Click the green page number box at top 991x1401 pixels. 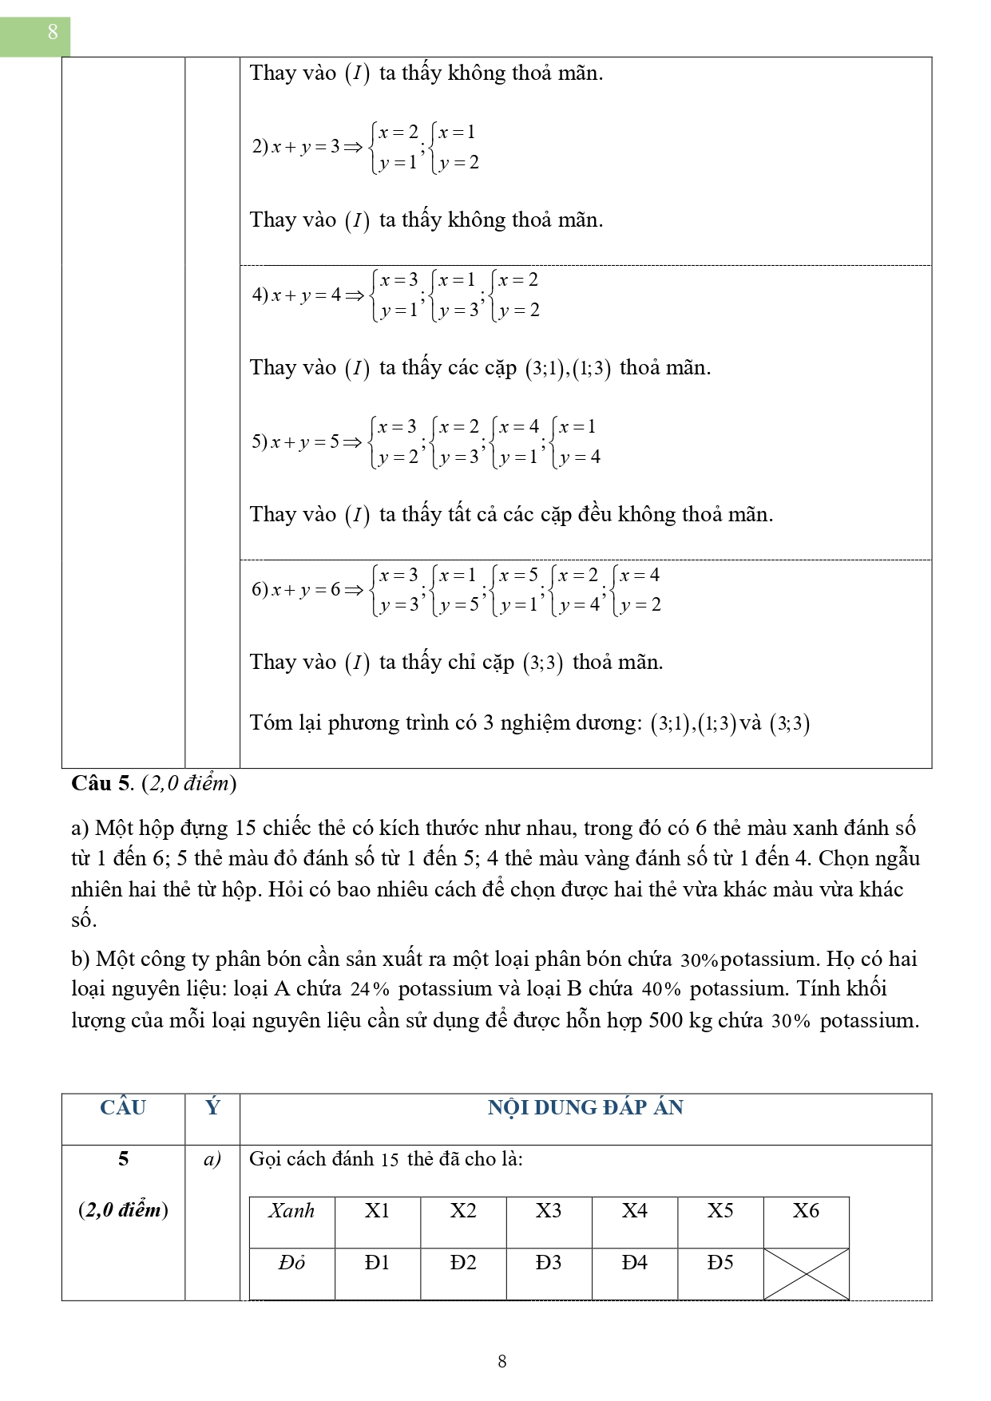click(x=35, y=36)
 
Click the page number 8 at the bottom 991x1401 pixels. click(x=501, y=1361)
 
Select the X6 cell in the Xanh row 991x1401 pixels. click(x=806, y=1211)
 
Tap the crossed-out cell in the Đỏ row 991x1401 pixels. click(x=806, y=1273)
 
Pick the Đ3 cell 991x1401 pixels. click(x=549, y=1263)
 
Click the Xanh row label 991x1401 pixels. click(x=291, y=1211)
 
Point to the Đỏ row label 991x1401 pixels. click(x=291, y=1263)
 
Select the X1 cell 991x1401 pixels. click(x=377, y=1211)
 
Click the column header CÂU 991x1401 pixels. click(x=123, y=1108)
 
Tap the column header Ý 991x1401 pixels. click(x=212, y=1108)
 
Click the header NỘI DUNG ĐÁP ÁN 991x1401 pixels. click(x=585, y=1108)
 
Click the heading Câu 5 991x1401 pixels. click(x=101, y=783)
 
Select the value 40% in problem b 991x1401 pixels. click(x=661, y=990)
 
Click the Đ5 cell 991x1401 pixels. click(x=720, y=1263)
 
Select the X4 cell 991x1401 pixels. click(x=635, y=1211)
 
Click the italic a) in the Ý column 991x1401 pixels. click(x=212, y=1159)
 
